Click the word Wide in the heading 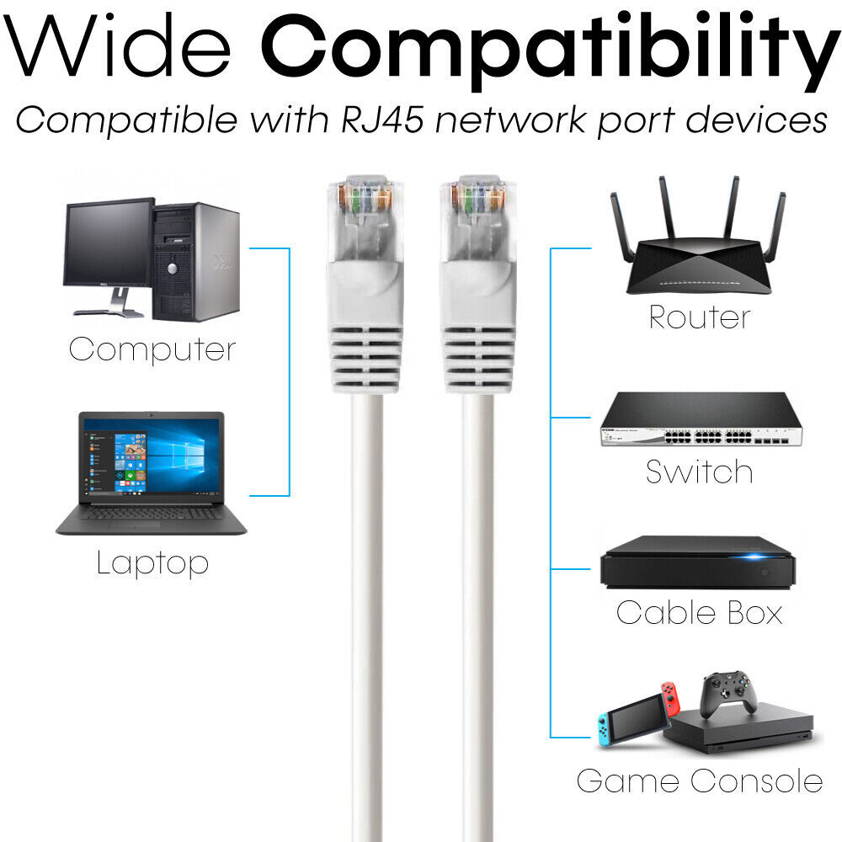tap(118, 45)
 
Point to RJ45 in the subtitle tap(382, 120)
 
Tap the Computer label tap(152, 349)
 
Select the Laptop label tap(152, 562)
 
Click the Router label tap(699, 317)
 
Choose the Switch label tap(699, 472)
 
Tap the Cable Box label tap(699, 612)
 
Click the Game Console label tap(699, 781)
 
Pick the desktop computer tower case tap(195, 262)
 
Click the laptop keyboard tap(151, 514)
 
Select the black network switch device tap(701, 419)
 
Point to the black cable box tap(697, 562)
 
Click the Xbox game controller tap(728, 694)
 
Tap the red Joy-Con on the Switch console tap(670, 698)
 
